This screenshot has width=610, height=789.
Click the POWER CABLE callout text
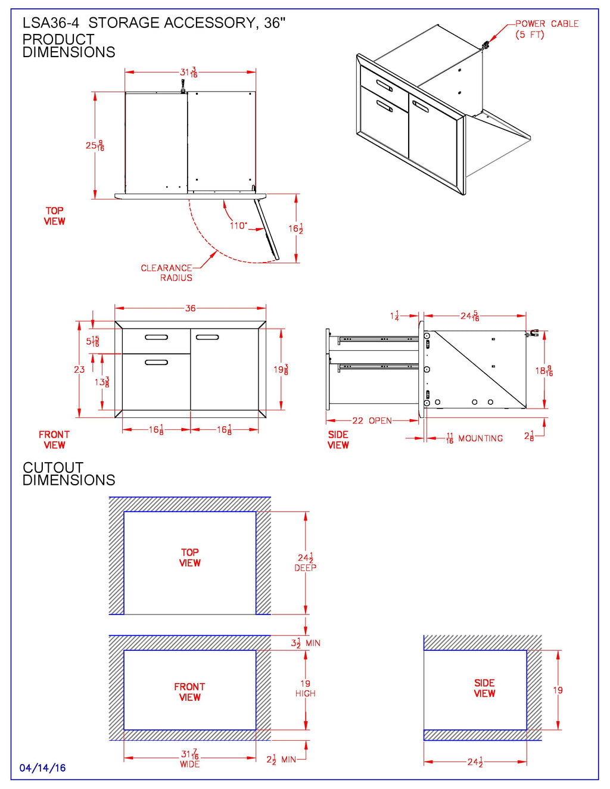coord(546,29)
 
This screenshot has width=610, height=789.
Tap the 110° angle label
coord(238,226)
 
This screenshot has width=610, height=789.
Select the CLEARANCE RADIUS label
coord(167,273)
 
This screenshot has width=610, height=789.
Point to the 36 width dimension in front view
coord(190,308)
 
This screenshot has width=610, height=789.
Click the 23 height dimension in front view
coord(79,370)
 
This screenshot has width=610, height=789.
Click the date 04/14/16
coord(42,768)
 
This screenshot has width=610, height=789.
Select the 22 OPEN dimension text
coord(372,421)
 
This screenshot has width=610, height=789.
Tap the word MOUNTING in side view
coord(480,438)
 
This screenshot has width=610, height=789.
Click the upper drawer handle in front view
coord(156,337)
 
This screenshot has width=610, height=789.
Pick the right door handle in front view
coord(207,337)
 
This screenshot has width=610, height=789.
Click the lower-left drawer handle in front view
coord(156,362)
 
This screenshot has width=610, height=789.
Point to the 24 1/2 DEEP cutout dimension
coord(306,562)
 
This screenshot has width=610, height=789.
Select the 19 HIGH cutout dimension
coord(306,688)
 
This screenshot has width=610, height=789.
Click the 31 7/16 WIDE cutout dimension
coord(190,758)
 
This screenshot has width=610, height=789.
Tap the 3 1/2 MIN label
coord(305,643)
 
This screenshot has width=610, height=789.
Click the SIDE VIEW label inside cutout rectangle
coord(484,688)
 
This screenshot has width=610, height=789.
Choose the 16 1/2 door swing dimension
coord(296,229)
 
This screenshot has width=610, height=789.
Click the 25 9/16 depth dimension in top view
coord(95,145)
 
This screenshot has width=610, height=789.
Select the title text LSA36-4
coord(51,23)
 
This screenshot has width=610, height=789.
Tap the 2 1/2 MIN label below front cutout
coord(281,760)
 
